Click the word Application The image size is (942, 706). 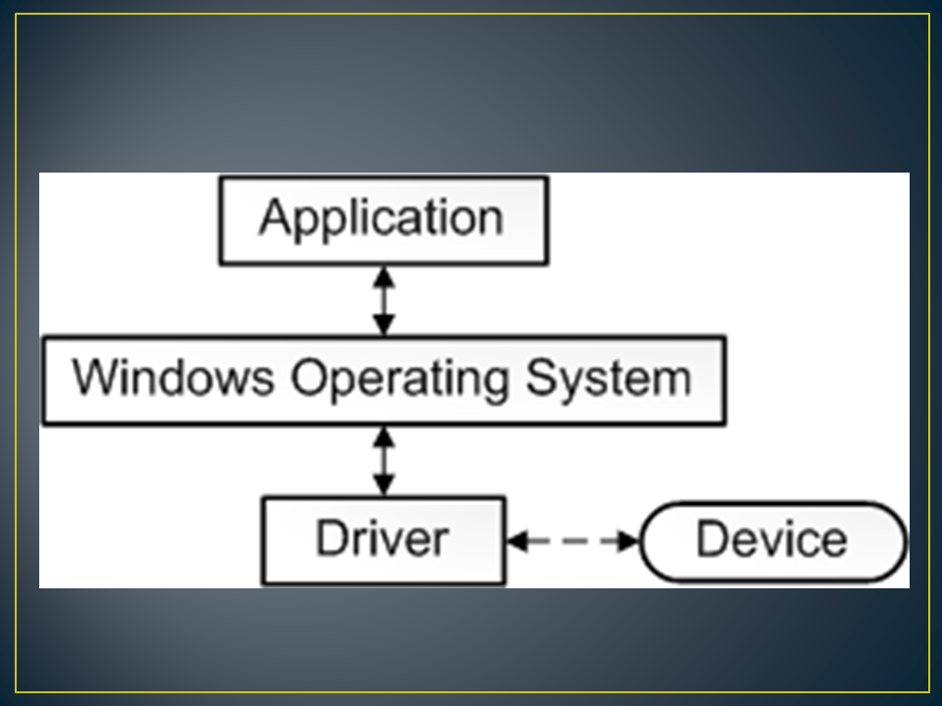[382, 219]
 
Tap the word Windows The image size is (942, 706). [174, 378]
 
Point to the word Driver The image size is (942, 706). [382, 538]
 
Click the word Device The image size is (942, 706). [771, 539]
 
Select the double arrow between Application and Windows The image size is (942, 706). [385, 300]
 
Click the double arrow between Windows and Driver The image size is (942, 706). [385, 461]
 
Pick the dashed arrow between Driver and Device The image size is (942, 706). [573, 540]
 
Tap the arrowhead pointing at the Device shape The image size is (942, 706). [628, 540]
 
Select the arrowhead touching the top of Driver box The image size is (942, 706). [385, 484]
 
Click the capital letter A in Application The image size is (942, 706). [276, 217]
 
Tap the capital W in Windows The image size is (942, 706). [96, 377]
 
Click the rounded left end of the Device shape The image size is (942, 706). [652, 541]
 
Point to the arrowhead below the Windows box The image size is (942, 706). [385, 437]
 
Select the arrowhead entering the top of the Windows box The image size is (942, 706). [385, 326]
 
